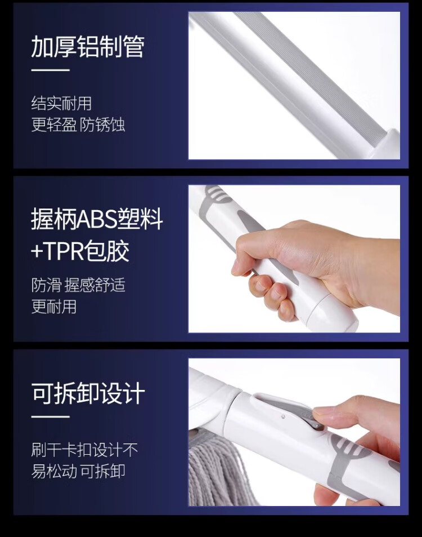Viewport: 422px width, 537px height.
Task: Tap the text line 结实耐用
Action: pyautogui.click(x=61, y=104)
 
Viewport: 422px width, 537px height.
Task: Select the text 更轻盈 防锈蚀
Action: pyautogui.click(x=78, y=125)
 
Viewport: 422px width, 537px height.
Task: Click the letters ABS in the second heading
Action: pyautogui.click(x=96, y=219)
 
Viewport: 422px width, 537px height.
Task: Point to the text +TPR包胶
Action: pyautogui.click(x=80, y=251)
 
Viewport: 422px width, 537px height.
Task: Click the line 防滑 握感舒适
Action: pyautogui.click(x=78, y=285)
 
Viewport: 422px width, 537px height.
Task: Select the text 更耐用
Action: pyautogui.click(x=53, y=307)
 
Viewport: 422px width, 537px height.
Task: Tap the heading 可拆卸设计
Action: pyautogui.click(x=88, y=393)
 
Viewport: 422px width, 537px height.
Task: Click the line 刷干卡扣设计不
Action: pyautogui.click(x=84, y=450)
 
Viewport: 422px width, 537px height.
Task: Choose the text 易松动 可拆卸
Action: pyautogui.click(x=78, y=471)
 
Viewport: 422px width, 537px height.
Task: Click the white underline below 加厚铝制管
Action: pyautogui.click(x=50, y=70)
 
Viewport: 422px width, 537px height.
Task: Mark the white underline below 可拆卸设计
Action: pyautogui.click(x=50, y=417)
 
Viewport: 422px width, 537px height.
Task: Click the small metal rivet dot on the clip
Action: pyautogui.click(x=283, y=416)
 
